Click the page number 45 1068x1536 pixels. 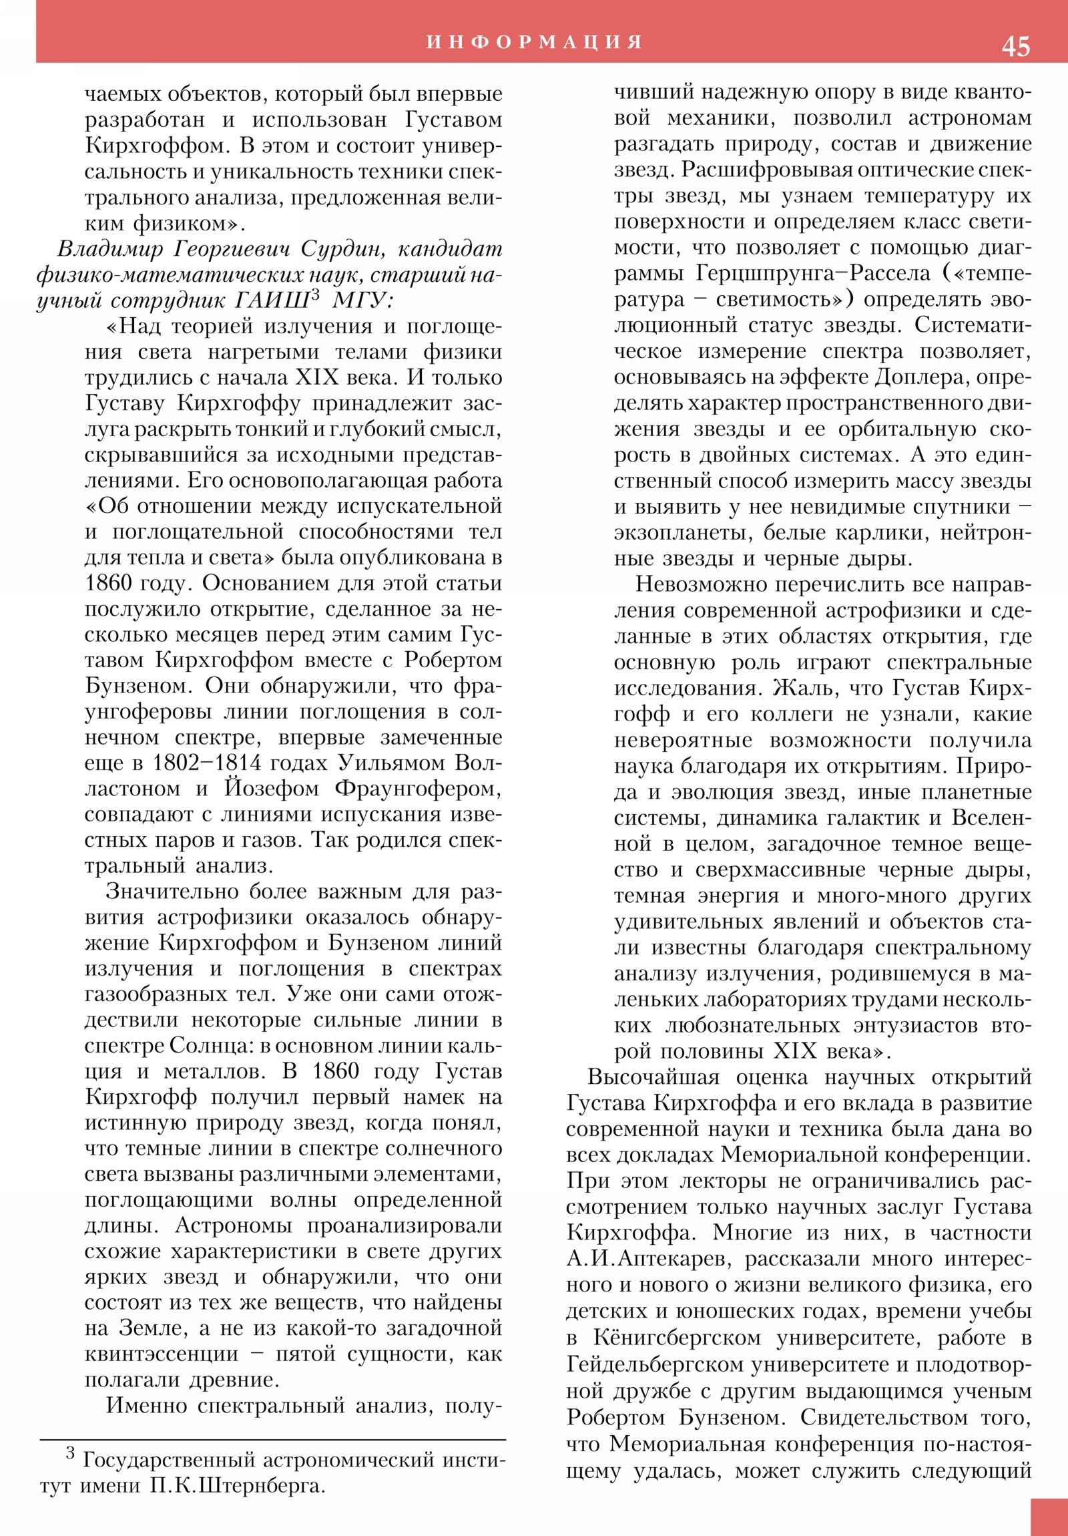tap(1015, 46)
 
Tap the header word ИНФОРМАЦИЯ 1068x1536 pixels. tap(535, 42)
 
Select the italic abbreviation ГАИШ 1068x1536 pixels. tap(272, 301)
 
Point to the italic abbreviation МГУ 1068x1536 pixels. tap(362, 301)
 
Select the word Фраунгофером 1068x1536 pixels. tap(418, 789)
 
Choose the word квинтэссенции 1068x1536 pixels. tap(161, 1354)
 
